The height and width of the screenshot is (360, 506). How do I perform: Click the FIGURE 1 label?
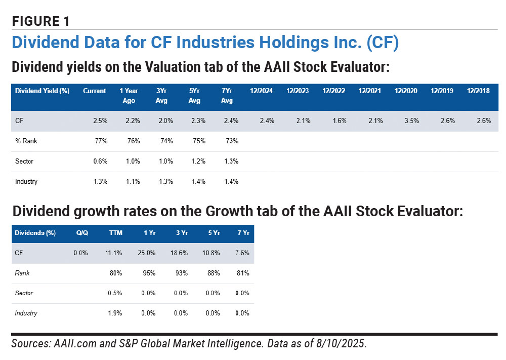pos(40,21)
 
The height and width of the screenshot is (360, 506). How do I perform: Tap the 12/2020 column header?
pos(406,91)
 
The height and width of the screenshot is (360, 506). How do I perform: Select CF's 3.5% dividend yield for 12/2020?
pos(412,121)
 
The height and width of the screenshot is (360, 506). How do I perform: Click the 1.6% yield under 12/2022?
pos(340,121)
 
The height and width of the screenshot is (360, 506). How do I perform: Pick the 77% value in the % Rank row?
pos(101,141)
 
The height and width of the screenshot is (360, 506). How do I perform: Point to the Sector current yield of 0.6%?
pos(100,161)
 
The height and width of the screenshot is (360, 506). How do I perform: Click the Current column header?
pos(95,91)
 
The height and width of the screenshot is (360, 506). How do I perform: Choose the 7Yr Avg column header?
pos(227,96)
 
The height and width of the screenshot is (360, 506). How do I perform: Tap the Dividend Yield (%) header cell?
pos(43,91)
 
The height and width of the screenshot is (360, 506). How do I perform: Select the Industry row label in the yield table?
pos(26,181)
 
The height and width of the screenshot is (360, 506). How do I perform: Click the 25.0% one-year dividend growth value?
pos(147,253)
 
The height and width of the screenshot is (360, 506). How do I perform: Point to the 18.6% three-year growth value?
pos(179,253)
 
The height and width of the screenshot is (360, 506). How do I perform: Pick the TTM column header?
pos(116,233)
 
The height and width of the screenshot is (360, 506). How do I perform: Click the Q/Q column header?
pos(82,233)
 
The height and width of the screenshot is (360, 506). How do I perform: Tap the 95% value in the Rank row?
pos(149,273)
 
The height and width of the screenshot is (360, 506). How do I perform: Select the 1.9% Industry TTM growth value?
pos(115,313)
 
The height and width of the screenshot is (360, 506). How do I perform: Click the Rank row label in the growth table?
pos(22,273)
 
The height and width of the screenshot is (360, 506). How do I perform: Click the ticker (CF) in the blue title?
pos(383,43)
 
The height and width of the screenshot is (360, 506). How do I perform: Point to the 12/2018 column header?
pos(478,91)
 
